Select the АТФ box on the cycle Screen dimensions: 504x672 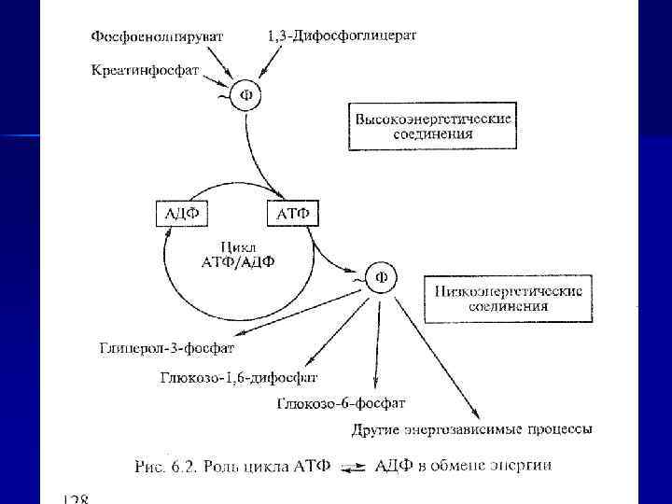tap(294, 214)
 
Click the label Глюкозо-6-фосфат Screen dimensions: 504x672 tap(341, 403)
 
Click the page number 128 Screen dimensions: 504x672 tap(72, 499)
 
